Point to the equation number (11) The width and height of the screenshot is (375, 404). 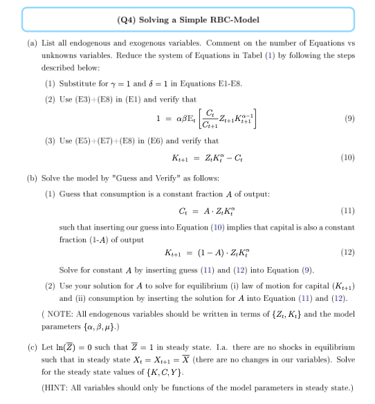point(349,212)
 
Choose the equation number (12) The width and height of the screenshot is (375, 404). point(349,252)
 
